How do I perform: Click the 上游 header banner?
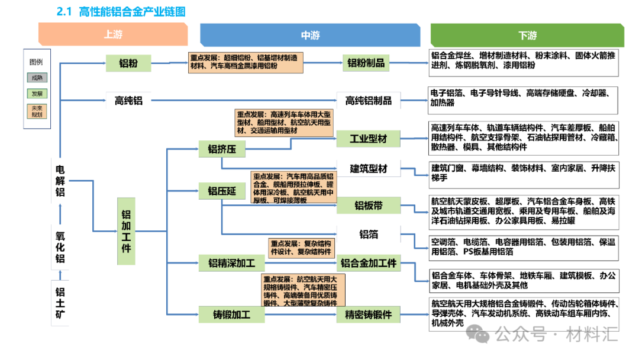pyautogui.click(x=113, y=34)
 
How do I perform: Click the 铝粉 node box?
pyautogui.click(x=128, y=63)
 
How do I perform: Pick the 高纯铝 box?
pyautogui.click(x=128, y=100)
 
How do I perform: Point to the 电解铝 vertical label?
pyautogui.click(x=60, y=180)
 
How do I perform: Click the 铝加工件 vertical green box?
pyautogui.click(x=125, y=231)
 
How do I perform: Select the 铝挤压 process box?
pyautogui.click(x=221, y=150)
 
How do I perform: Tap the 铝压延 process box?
pyautogui.click(x=221, y=191)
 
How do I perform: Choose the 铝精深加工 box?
pyautogui.click(x=231, y=262)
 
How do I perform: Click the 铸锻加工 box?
pyautogui.click(x=231, y=314)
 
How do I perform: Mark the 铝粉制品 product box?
pyautogui.click(x=366, y=63)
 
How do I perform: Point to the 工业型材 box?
pyautogui.click(x=368, y=139)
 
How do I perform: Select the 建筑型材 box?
pyautogui.click(x=368, y=169)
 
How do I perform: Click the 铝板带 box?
pyautogui.click(x=368, y=205)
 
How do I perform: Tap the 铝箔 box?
pyautogui.click(x=368, y=234)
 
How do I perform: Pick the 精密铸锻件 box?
pyautogui.click(x=368, y=314)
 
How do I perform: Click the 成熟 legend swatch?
pyautogui.click(x=37, y=78)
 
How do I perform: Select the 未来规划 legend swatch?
pyautogui.click(x=37, y=111)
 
